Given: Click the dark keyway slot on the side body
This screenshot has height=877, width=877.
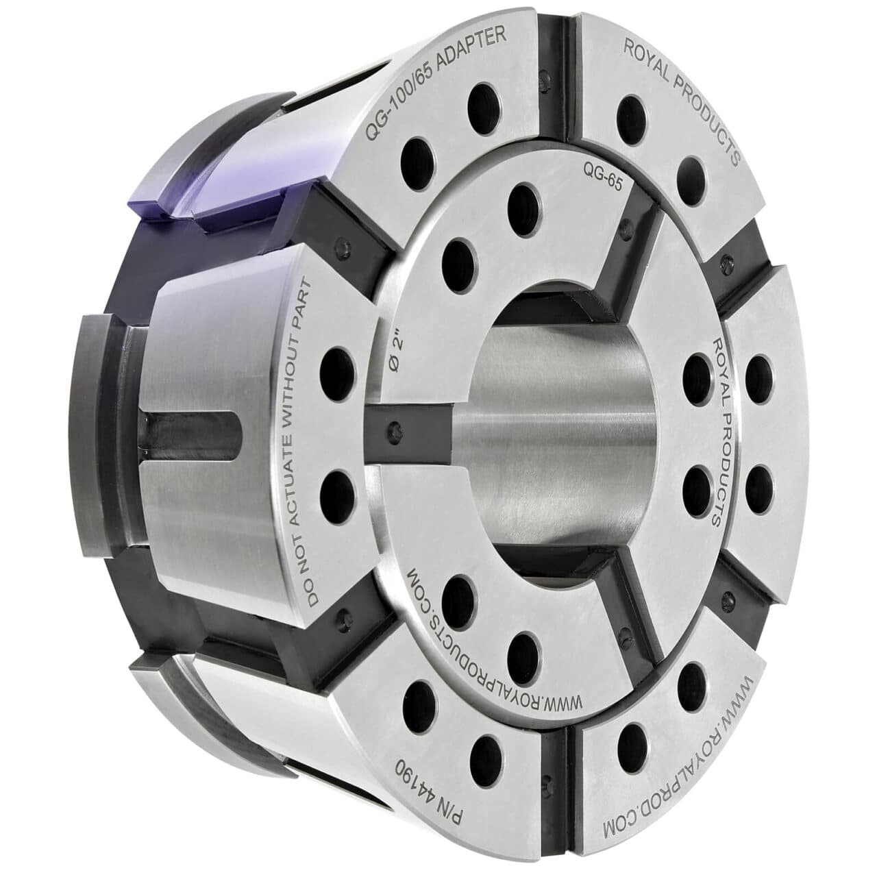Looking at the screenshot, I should pos(185,438).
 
